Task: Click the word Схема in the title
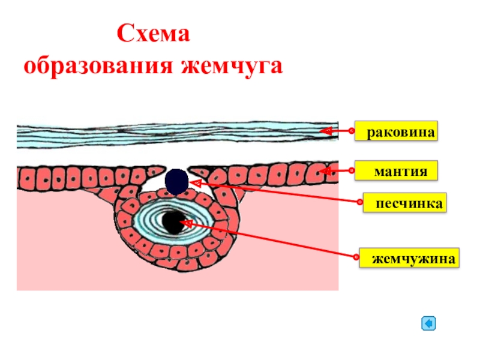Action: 153,34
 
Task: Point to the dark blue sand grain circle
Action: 176,181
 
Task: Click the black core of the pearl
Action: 173,223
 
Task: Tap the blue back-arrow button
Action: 428,324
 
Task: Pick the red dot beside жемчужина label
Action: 356,258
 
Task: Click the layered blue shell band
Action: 168,135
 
